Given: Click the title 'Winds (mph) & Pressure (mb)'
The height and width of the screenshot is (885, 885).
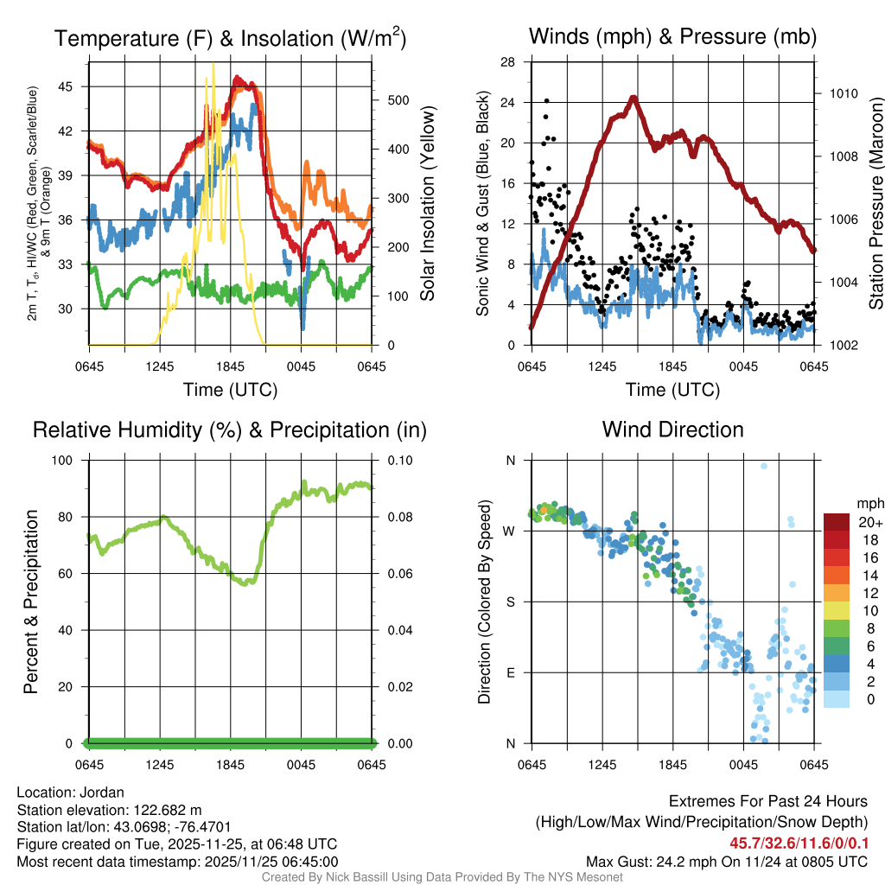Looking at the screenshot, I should [x=672, y=37].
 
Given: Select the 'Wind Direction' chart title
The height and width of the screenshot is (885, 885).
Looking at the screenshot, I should [x=672, y=430].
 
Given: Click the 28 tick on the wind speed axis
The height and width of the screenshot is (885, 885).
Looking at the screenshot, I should [x=508, y=62].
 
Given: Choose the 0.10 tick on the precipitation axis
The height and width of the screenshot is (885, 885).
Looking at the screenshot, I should [x=397, y=460].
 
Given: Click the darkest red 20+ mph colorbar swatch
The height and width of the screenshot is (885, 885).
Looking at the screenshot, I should [x=836, y=522].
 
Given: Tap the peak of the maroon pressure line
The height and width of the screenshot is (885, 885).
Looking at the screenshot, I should [x=633, y=98].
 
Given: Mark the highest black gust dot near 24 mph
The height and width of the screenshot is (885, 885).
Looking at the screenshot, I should [x=545, y=101].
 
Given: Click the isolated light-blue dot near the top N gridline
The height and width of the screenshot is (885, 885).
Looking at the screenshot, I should [x=764, y=467].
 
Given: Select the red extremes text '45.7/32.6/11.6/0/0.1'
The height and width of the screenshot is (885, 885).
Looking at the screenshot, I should [x=798, y=843].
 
